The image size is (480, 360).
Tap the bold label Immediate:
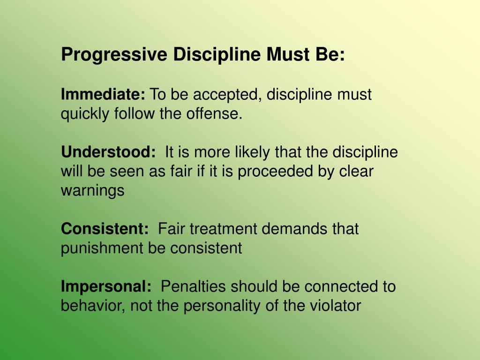coord(103,95)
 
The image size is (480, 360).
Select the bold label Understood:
coord(108,152)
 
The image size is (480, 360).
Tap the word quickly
coord(85,114)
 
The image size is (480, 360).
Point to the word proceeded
coord(278,172)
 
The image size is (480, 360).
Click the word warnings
coord(93,191)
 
